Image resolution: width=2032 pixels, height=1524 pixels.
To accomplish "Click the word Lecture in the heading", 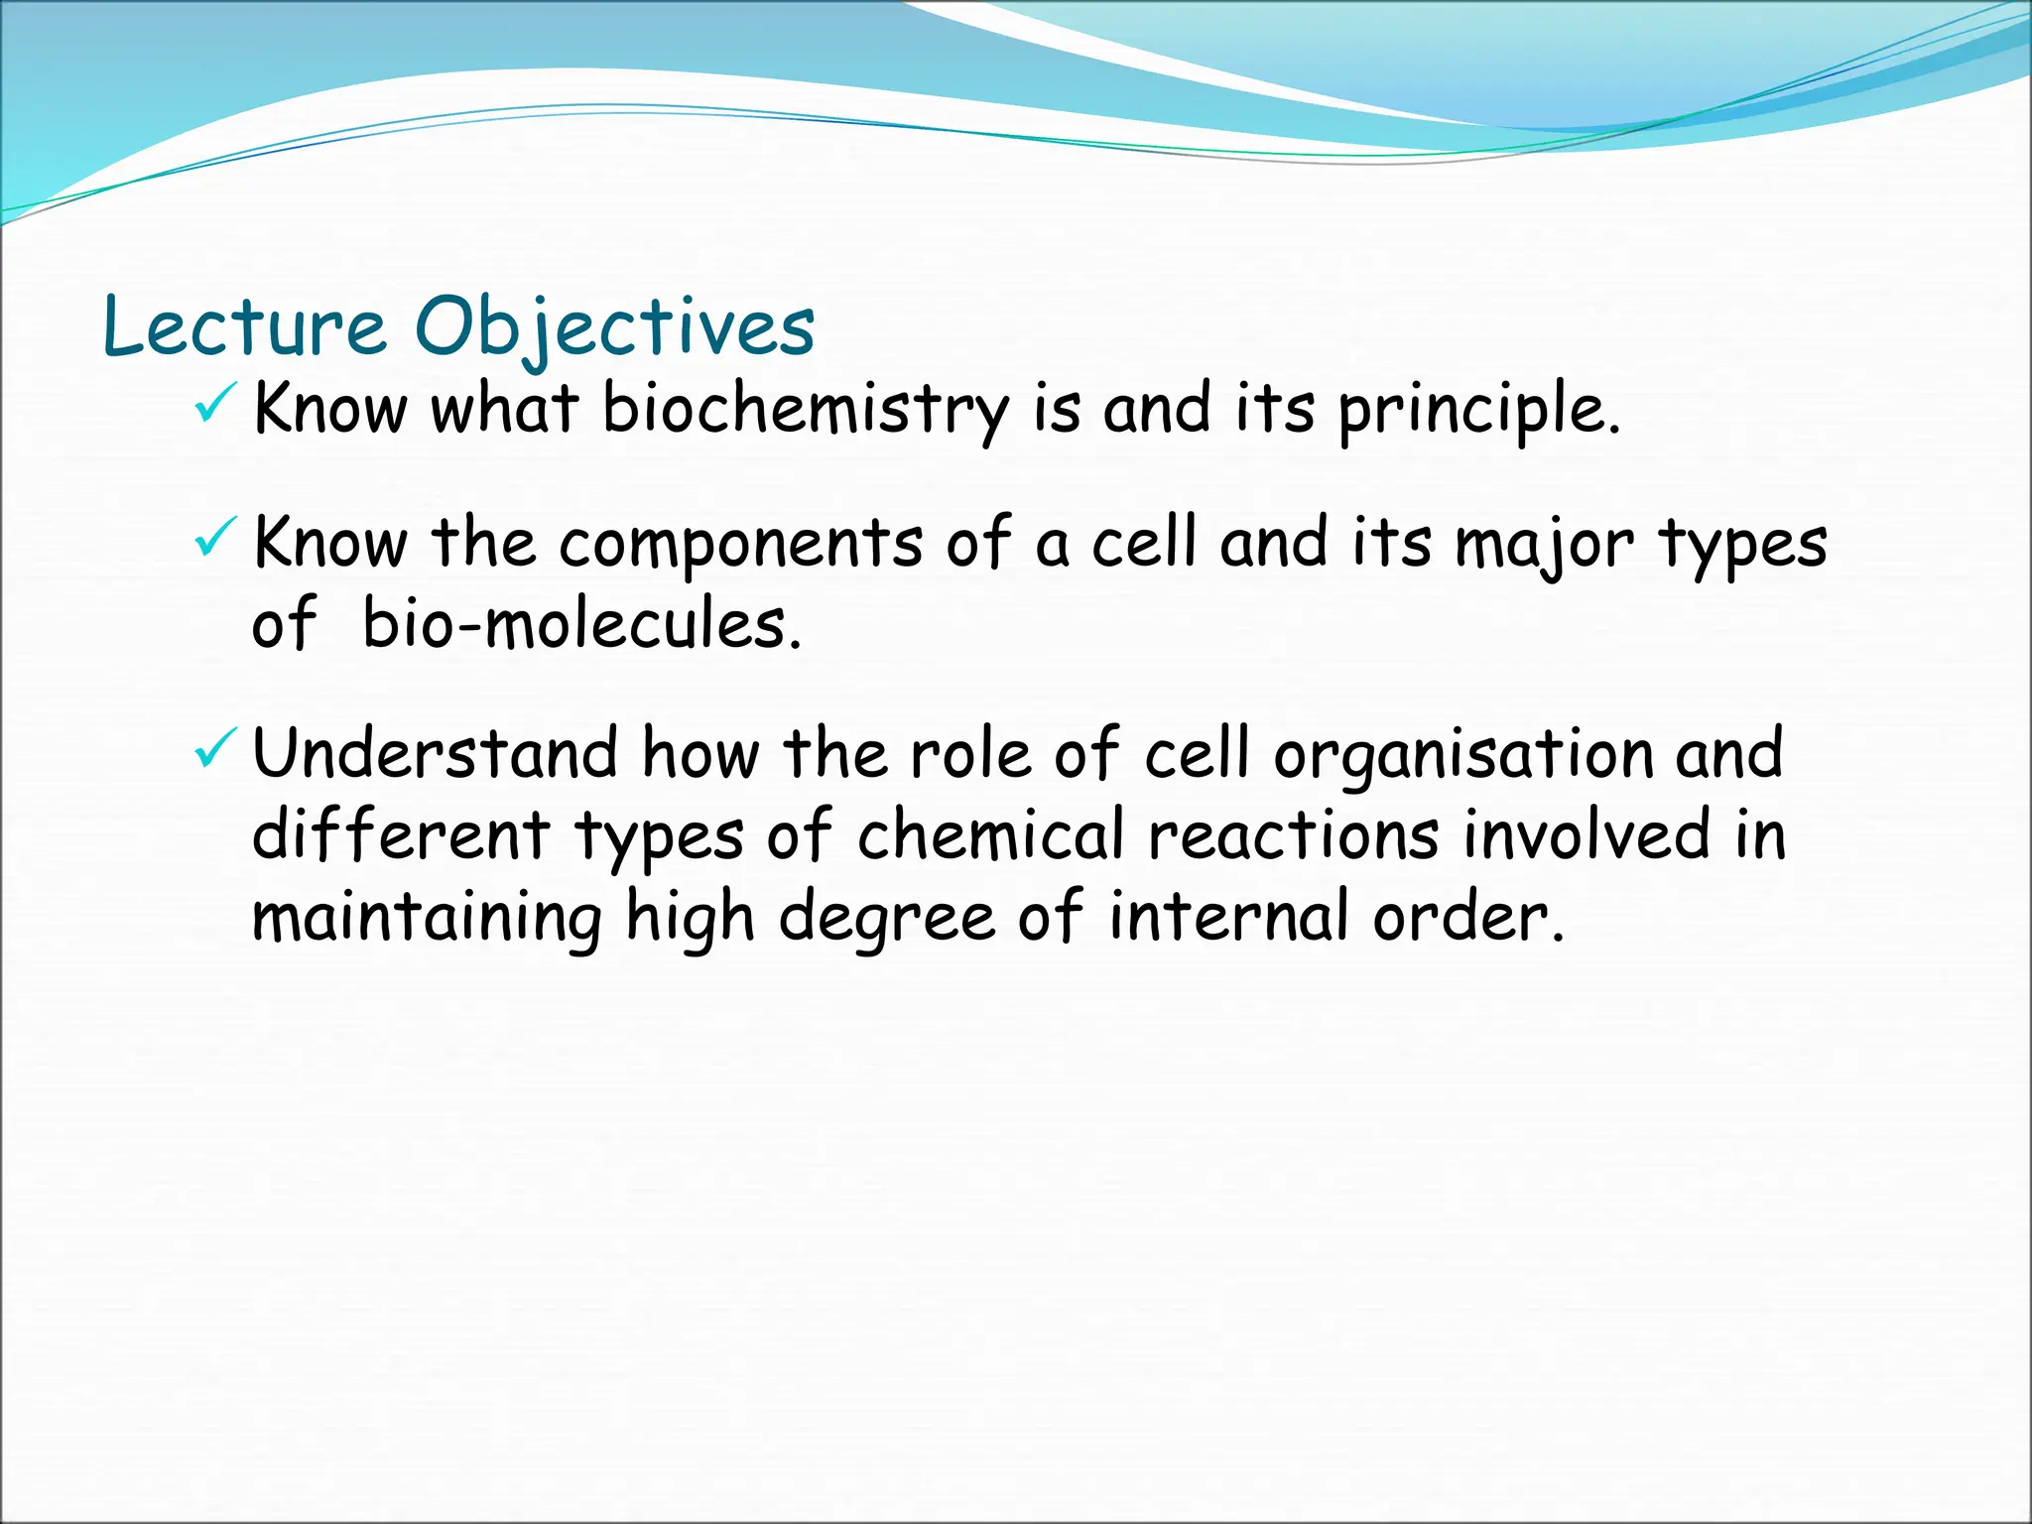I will coord(244,327).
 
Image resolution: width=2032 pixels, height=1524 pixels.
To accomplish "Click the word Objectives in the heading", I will coord(614,327).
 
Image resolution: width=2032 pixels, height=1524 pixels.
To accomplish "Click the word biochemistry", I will coord(805,409).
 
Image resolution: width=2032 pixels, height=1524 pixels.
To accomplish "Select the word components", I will coord(740,544).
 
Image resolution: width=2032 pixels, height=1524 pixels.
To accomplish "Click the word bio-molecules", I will coord(580,625).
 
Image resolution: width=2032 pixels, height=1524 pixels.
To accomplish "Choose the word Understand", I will coord(435,754).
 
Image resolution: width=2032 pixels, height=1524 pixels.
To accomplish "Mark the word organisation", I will coord(1463,754).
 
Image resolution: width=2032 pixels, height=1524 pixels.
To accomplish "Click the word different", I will coord(401,835).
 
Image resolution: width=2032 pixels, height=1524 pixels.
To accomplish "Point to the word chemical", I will coord(991,835).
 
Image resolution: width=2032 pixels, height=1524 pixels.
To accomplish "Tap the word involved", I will coord(1587,835).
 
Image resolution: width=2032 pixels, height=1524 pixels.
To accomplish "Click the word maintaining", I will coord(427,917).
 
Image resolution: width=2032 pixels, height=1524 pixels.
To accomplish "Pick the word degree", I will coord(886,917).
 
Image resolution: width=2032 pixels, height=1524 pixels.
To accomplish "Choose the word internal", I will coord(1228,917).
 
